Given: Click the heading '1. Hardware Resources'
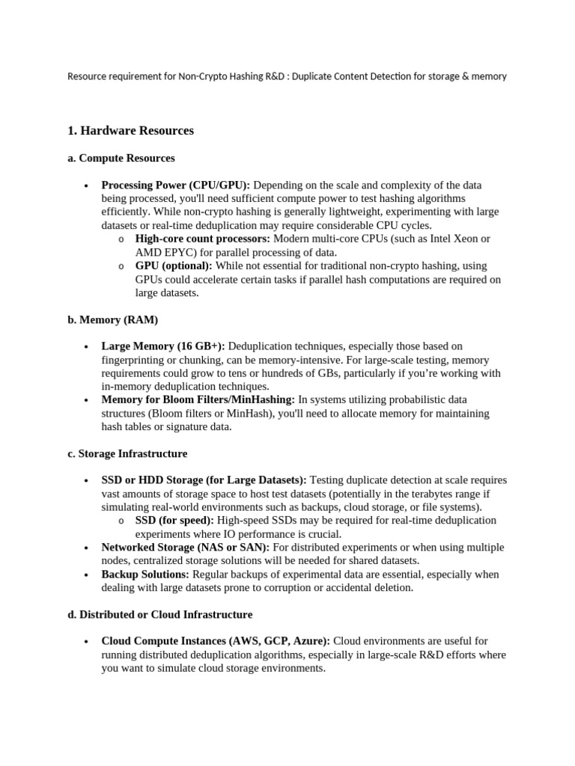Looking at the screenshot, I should tap(130, 131).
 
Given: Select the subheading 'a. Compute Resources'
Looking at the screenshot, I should tap(121, 159).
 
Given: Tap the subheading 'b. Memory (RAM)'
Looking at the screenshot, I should tap(112, 320).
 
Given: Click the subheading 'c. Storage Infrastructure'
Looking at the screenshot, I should tap(127, 454).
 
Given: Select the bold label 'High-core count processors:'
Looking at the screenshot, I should tap(203, 239).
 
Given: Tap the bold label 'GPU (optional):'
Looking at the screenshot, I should tap(174, 266).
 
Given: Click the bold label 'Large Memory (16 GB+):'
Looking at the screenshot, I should tap(163, 346).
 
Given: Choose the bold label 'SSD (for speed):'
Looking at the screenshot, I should tap(174, 521).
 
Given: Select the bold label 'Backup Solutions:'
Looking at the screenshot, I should tap(145, 574).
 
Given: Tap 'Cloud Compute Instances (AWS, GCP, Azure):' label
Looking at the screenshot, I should tap(216, 641).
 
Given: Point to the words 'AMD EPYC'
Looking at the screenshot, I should tap(159, 252).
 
